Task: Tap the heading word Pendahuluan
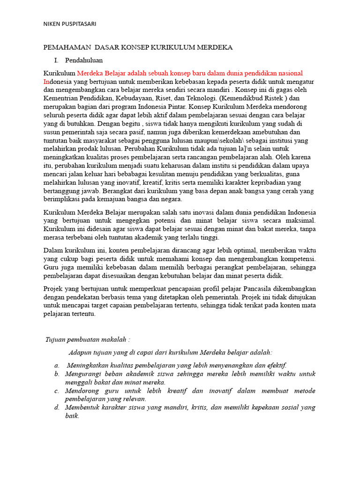click(x=84, y=60)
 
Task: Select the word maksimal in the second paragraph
click(x=302, y=220)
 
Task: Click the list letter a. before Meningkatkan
click(x=57, y=365)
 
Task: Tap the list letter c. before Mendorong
click(x=57, y=390)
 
